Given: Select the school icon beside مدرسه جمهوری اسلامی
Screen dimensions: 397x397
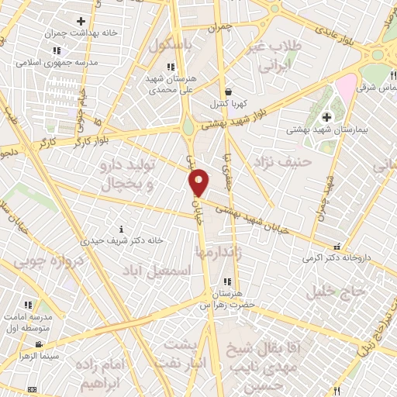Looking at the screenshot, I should pos(56,51).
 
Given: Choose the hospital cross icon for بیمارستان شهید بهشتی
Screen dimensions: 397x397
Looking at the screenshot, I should pos(327,117).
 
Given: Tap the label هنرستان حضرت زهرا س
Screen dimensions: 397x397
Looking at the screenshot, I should pos(226,299).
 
